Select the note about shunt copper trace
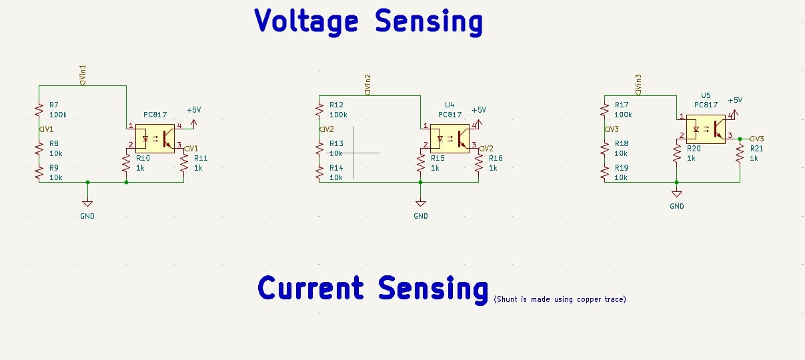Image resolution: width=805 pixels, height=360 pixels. coord(560,299)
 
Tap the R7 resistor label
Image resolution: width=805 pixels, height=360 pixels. coord(54,105)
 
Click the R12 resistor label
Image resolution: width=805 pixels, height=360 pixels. coord(336,105)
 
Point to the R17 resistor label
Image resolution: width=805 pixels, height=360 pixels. coord(621,105)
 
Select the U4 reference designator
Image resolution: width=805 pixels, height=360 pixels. coord(450,105)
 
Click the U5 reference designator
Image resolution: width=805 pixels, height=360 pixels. coord(706,96)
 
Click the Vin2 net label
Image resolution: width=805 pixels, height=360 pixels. coord(367,85)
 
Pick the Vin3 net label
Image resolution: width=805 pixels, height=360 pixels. coord(639,85)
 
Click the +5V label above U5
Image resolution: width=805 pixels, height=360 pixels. coord(735,100)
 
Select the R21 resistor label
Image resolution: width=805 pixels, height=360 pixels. coord(756,149)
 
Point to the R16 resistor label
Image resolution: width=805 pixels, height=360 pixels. coord(496,158)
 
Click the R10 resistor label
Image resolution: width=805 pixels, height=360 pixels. coord(143,158)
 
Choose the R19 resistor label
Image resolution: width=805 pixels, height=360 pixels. coord(621,168)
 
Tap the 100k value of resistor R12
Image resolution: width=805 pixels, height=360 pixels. coord(339,115)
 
